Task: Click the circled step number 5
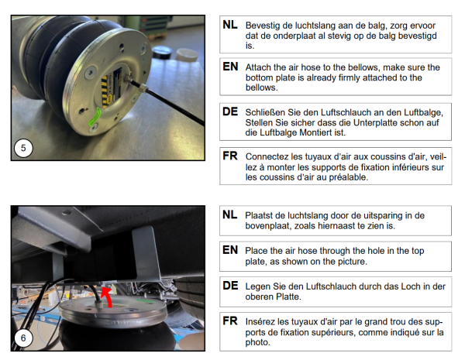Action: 23,148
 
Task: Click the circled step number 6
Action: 23,338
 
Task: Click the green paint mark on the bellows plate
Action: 95,117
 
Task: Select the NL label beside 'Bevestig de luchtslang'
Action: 230,25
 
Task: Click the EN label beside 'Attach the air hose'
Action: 230,67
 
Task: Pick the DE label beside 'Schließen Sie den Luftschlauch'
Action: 230,111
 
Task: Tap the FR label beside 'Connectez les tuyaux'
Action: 230,156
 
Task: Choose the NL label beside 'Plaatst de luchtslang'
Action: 230,214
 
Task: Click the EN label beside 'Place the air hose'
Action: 230,250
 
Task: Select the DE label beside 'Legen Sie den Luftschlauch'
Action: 230,286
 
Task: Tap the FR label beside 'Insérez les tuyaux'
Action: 230,321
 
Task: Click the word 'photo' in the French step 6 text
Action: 258,342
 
